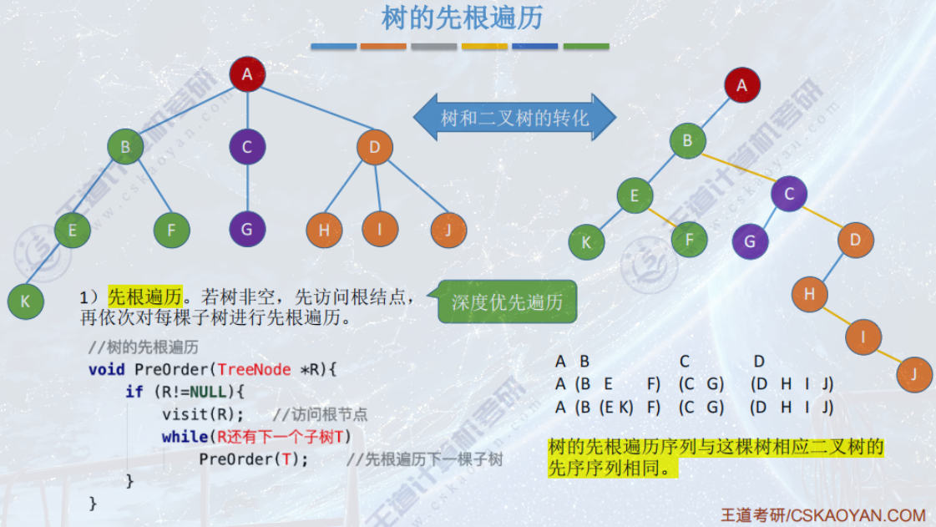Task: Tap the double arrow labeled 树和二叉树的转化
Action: click(514, 117)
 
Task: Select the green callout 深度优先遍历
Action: click(507, 302)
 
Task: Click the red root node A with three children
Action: click(247, 74)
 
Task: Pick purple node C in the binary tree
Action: click(788, 195)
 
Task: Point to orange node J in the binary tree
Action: click(914, 374)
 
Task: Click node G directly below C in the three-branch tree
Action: click(247, 229)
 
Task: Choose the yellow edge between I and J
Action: click(888, 356)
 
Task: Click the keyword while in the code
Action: click(184, 436)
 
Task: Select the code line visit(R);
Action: click(203, 414)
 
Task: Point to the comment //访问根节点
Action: click(320, 415)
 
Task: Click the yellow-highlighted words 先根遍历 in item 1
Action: click(144, 296)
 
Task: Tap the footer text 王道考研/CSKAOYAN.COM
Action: click(822, 514)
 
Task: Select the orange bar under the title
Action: click(383, 47)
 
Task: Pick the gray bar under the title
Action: click(434, 47)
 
